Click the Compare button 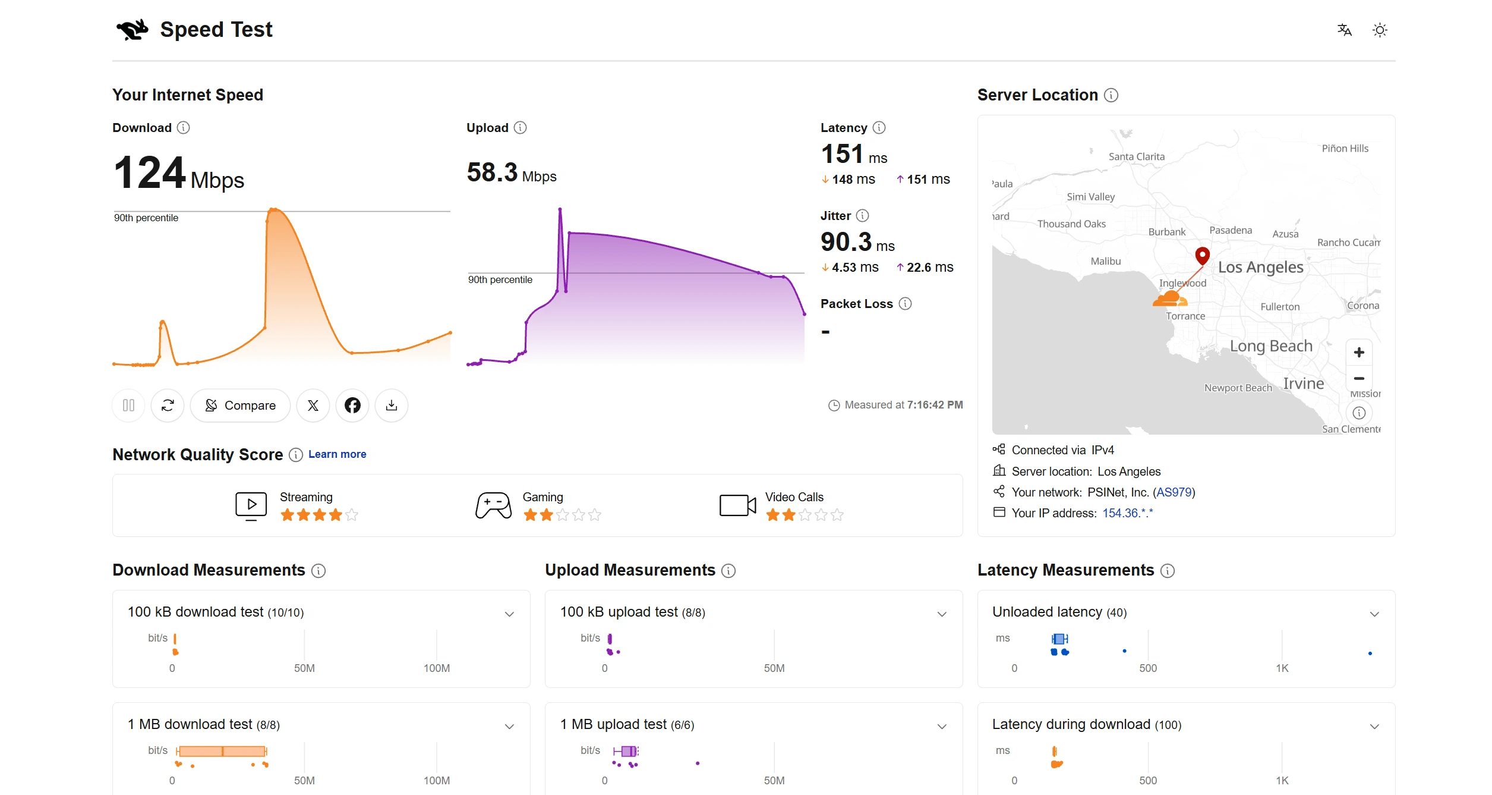tap(240, 406)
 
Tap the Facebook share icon tap(352, 406)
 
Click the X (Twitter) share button tap(313, 406)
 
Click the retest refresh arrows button tap(168, 406)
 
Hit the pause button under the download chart tap(128, 406)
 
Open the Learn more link tap(337, 454)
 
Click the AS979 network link tap(1174, 492)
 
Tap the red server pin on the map tap(1202, 255)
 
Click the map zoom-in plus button tap(1359, 353)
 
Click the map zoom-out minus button tap(1359, 378)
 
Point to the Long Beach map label tap(1271, 346)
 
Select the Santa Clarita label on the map tap(1137, 157)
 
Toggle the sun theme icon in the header tap(1380, 30)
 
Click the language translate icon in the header tap(1344, 30)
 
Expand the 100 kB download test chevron tap(509, 614)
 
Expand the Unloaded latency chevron tap(1374, 614)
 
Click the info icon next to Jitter tap(863, 216)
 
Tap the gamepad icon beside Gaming tap(493, 505)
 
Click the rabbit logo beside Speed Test tap(133, 30)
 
